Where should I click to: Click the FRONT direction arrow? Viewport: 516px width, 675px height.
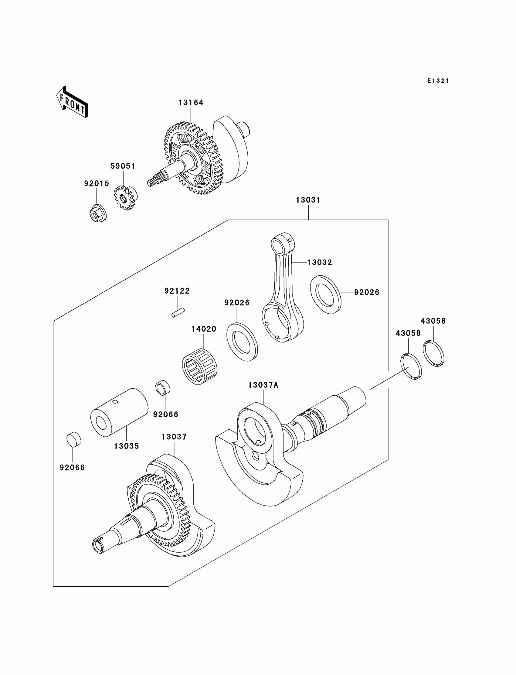pyautogui.click(x=72, y=102)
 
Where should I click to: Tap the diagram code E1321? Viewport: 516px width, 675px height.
pyautogui.click(x=438, y=81)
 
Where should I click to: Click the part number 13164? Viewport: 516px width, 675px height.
pyautogui.click(x=191, y=103)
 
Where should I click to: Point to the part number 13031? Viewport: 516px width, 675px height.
pyautogui.click(x=308, y=200)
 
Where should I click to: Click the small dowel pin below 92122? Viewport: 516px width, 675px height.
pyautogui.click(x=178, y=312)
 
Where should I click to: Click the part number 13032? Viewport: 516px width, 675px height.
pyautogui.click(x=319, y=262)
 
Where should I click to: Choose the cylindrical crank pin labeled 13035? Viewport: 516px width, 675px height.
pyautogui.click(x=119, y=412)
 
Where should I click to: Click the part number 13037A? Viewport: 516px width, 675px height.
pyautogui.click(x=263, y=385)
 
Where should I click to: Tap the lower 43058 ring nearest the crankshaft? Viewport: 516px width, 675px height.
pyautogui.click(x=411, y=367)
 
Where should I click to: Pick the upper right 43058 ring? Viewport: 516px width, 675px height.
pyautogui.click(x=433, y=354)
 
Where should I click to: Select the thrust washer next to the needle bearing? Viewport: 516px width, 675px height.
pyautogui.click(x=242, y=342)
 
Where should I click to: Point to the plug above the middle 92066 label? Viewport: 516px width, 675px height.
pyautogui.click(x=163, y=388)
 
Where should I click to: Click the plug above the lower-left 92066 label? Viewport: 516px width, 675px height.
pyautogui.click(x=74, y=440)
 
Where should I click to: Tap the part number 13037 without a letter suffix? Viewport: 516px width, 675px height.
pyautogui.click(x=174, y=437)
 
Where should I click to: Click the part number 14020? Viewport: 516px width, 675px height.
pyautogui.click(x=204, y=329)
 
